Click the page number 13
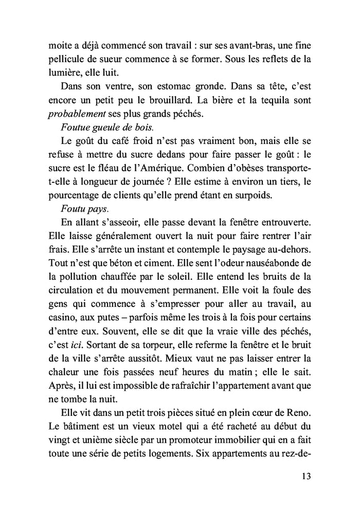305,476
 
